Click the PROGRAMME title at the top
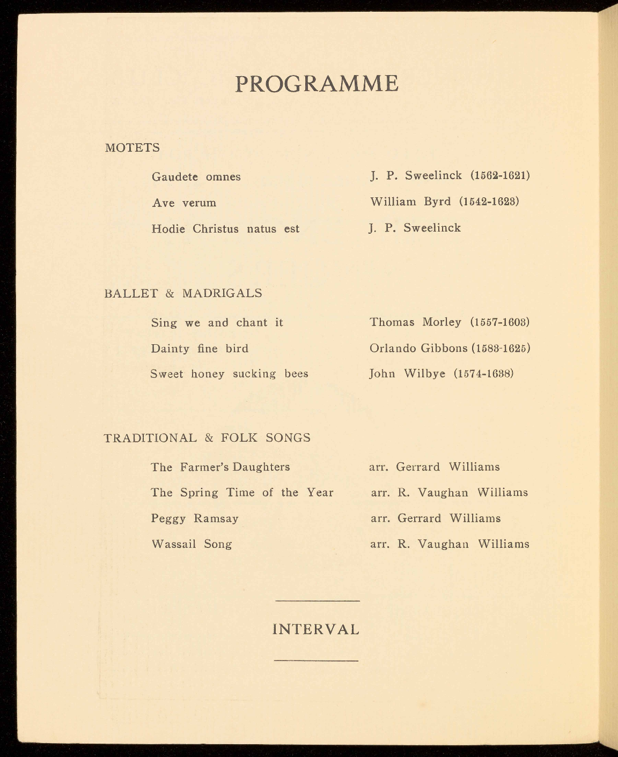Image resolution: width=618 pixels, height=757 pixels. point(317,84)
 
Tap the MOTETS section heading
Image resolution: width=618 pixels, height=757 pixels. point(133,148)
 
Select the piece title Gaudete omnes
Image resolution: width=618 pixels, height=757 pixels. point(196,177)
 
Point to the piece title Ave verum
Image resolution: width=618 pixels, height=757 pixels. point(184,203)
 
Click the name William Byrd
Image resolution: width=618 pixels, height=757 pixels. point(410,202)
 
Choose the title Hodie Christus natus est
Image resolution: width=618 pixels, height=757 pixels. point(225,229)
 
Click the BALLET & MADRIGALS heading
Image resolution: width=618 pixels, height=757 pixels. point(183,293)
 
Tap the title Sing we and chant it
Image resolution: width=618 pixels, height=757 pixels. point(217,323)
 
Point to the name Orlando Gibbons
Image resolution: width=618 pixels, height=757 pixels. point(418,348)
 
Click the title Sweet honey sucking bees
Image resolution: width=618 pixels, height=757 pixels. point(229,374)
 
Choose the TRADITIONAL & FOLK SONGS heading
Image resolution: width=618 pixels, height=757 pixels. point(207,438)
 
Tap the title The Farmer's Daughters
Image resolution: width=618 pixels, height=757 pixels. point(220,467)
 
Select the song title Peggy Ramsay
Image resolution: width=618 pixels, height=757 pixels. point(194,518)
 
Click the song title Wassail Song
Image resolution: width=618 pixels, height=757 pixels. point(192,544)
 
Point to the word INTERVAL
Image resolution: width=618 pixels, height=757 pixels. point(316,629)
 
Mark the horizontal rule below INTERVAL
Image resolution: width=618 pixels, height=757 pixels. point(316,660)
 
